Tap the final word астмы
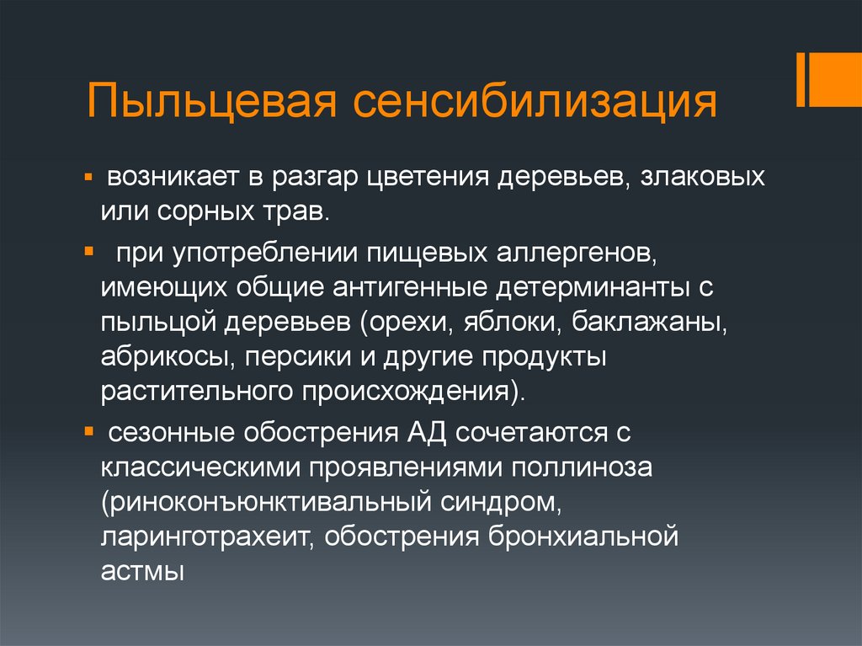click(142, 573)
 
